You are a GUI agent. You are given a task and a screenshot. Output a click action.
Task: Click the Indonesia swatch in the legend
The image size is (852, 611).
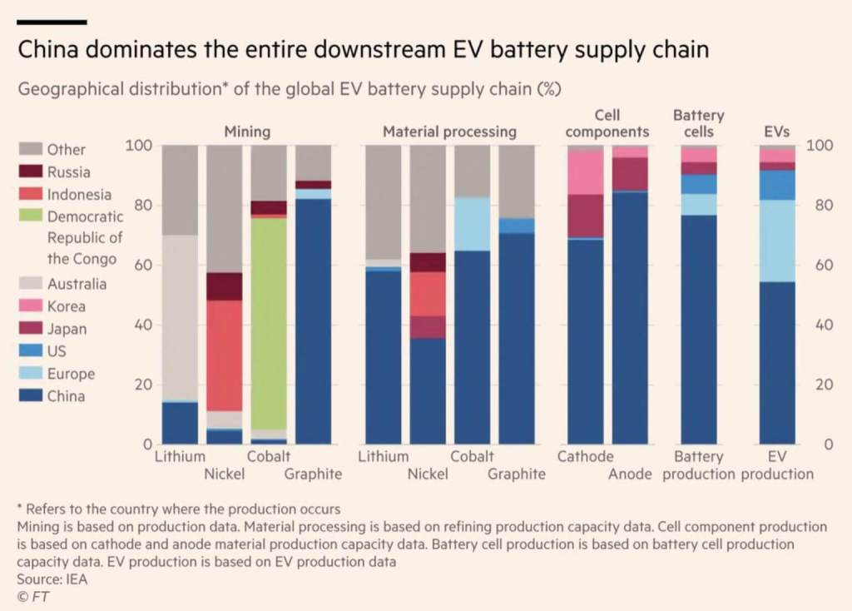[x=30, y=195]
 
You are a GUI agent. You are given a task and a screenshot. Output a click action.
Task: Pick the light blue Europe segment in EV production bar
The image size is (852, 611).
[x=777, y=241]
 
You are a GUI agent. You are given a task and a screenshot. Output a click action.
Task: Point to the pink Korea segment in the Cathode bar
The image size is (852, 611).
[x=585, y=173]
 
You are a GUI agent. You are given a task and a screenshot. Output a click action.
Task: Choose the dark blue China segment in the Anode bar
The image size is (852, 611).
[x=630, y=317]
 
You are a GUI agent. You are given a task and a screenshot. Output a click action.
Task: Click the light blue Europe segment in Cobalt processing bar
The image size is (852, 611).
[x=472, y=224]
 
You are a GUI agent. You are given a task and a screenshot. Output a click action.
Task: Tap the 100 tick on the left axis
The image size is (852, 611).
[x=137, y=147]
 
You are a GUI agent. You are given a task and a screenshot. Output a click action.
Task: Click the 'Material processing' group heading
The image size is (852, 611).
[x=449, y=132]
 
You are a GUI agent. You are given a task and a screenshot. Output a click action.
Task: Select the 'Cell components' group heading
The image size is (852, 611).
[x=607, y=123]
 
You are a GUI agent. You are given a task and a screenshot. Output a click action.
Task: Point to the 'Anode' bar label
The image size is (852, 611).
[x=630, y=474]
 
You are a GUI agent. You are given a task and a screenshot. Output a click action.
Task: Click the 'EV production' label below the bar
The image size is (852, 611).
[x=777, y=465]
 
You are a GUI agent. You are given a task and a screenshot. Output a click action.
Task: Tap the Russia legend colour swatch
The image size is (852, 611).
[x=30, y=172]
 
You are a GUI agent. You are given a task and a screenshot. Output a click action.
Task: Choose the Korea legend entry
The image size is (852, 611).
[x=66, y=306]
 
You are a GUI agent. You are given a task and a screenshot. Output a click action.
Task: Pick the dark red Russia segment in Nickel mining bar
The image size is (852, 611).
[x=224, y=286]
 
